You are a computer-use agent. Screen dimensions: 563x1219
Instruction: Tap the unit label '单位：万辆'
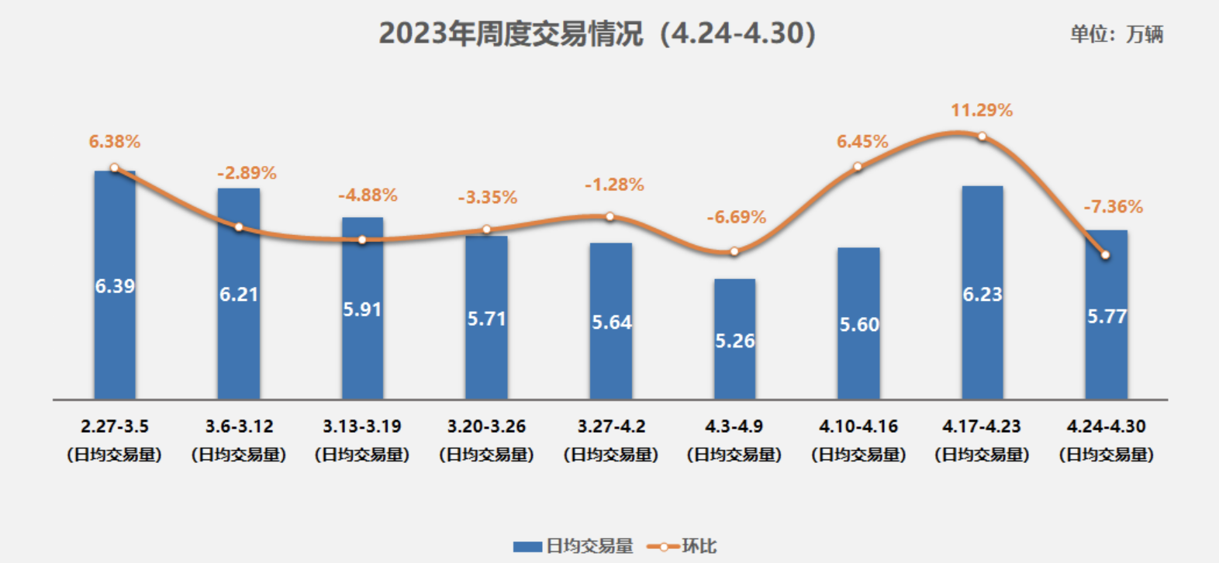point(1116,34)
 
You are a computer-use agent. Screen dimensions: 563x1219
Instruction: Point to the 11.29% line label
point(982,110)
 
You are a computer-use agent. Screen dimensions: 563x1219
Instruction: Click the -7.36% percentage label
point(1113,207)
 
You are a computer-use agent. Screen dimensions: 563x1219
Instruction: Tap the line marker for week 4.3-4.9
point(734,251)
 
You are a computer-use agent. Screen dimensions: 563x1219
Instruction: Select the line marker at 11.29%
point(982,136)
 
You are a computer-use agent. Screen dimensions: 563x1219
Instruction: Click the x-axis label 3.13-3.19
point(362,427)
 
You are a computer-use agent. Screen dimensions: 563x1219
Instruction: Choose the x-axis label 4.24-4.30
point(1106,427)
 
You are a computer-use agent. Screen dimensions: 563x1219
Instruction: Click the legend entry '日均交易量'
point(574,546)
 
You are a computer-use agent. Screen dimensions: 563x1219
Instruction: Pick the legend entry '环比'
point(682,546)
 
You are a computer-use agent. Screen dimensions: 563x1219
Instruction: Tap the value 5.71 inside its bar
point(486,319)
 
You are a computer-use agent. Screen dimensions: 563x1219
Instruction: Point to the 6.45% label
point(862,142)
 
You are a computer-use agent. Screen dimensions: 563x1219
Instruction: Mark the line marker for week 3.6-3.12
point(239,227)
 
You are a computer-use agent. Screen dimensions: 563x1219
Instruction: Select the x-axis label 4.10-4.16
point(858,427)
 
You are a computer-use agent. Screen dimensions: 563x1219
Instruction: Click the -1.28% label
point(614,185)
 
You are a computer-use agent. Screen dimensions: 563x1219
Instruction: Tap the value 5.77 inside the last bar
point(1107,316)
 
